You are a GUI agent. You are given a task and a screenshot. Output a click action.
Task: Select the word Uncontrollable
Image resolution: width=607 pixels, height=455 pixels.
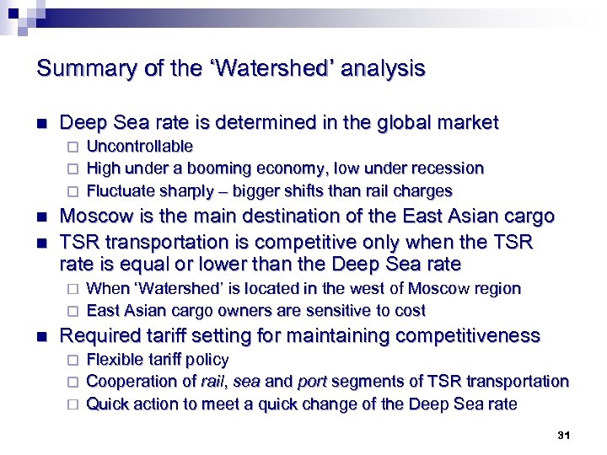(x=140, y=147)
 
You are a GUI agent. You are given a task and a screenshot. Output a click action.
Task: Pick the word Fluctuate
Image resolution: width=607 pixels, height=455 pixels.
(x=121, y=190)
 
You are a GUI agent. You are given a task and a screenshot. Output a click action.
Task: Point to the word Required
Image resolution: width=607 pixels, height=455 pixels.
(x=99, y=336)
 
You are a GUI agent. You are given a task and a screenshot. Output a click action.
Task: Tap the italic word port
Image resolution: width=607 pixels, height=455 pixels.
(x=313, y=382)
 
